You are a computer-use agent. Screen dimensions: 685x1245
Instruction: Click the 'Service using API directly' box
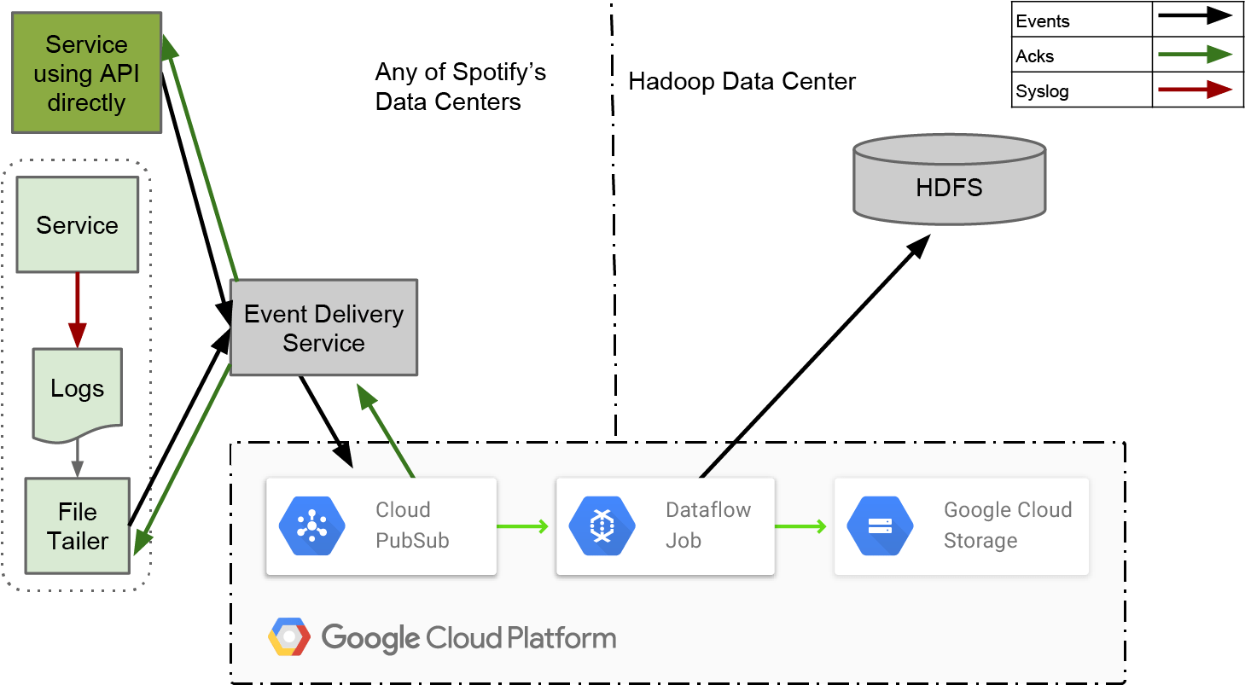pyautogui.click(x=86, y=73)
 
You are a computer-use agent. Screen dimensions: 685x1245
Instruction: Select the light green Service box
pyautogui.click(x=77, y=225)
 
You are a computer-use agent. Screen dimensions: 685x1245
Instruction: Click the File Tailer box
pyautogui.click(x=78, y=525)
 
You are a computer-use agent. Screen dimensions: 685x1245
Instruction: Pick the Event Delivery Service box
pyautogui.click(x=323, y=328)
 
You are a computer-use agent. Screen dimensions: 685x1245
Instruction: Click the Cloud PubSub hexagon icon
pyautogui.click(x=311, y=526)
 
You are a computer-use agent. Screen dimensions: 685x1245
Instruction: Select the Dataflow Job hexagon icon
pyautogui.click(x=602, y=526)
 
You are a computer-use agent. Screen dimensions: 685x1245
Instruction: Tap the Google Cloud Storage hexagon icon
pyautogui.click(x=880, y=526)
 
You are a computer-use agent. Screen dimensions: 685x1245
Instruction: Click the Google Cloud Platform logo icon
pyautogui.click(x=289, y=637)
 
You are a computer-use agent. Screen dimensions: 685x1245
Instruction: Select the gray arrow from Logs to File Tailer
pyautogui.click(x=77, y=459)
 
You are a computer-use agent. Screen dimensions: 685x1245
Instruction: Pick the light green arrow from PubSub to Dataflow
pyautogui.click(x=522, y=526)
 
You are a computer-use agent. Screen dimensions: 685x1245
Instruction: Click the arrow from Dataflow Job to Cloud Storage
pyautogui.click(x=800, y=526)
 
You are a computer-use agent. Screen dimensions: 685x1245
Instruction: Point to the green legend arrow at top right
pyautogui.click(x=1195, y=55)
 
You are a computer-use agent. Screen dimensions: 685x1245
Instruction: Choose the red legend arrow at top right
pyautogui.click(x=1195, y=89)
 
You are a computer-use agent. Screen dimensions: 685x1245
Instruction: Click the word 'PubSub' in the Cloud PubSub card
pyautogui.click(x=412, y=541)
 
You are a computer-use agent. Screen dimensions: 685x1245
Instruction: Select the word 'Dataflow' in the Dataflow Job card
pyautogui.click(x=708, y=510)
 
